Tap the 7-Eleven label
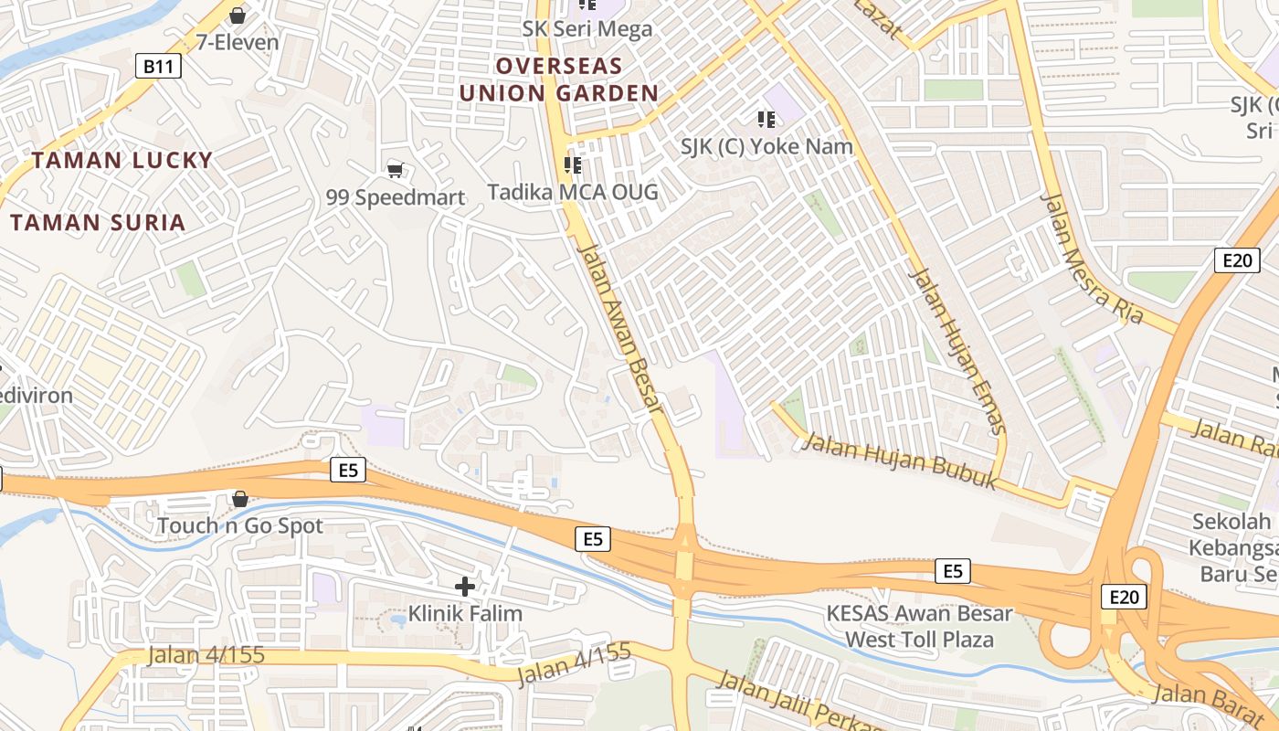click(x=238, y=42)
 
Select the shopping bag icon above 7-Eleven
click(x=238, y=16)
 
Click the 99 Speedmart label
click(x=396, y=197)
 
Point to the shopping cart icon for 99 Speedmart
click(x=396, y=170)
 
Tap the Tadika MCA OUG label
click(x=573, y=192)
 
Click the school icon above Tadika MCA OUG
click(x=573, y=165)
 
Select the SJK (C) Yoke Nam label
click(x=766, y=146)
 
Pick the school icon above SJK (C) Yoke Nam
click(x=766, y=119)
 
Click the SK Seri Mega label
click(x=587, y=29)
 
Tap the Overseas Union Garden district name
click(x=559, y=79)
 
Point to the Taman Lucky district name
click(x=122, y=161)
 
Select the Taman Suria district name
click(x=98, y=222)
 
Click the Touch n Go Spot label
click(x=240, y=526)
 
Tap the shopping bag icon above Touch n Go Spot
click(x=240, y=499)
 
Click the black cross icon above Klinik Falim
click(x=465, y=587)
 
